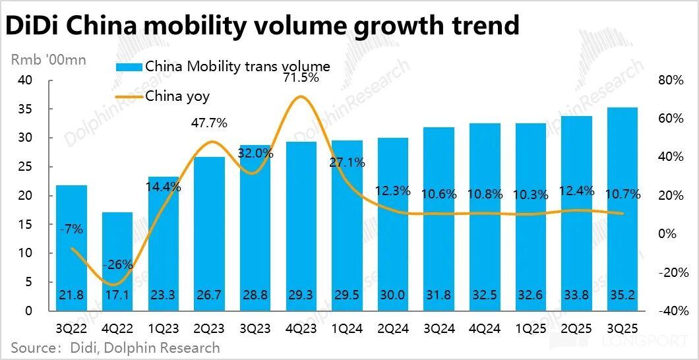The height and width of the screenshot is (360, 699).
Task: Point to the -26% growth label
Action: [x=117, y=265]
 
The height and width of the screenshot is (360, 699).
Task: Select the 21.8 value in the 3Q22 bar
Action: [x=71, y=296]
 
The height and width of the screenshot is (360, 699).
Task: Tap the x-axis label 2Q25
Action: [x=576, y=328]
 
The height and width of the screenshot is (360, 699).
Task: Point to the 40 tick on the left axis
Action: [x=26, y=80]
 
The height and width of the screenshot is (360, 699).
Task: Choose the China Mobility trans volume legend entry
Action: [x=237, y=67]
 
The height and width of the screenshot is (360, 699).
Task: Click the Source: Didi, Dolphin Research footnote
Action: [x=115, y=347]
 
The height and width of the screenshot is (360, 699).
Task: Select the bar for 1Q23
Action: [x=163, y=244]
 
